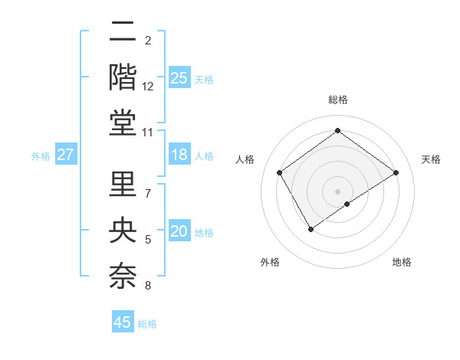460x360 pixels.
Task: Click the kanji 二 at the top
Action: coord(123,32)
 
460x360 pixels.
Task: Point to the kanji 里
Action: coord(123,184)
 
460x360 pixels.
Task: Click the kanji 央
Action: coord(123,230)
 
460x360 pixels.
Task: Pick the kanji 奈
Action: coord(123,276)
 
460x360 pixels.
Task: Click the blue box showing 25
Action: coord(179,77)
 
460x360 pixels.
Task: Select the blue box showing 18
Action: coord(179,155)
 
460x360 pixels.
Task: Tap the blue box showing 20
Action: coord(179,232)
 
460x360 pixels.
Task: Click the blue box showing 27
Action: coord(66,155)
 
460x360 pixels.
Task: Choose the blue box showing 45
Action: coord(123,322)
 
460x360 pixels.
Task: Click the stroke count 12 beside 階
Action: coord(148,87)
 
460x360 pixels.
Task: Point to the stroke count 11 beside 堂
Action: coord(148,133)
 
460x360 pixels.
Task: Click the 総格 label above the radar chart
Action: coord(337,100)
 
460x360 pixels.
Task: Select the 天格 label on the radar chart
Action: coord(432,159)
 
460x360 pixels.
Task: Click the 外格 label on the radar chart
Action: coord(270,262)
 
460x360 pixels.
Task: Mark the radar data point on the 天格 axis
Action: coord(396,172)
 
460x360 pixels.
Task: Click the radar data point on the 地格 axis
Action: coord(347,204)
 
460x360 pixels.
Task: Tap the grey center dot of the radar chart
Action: coord(337,190)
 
